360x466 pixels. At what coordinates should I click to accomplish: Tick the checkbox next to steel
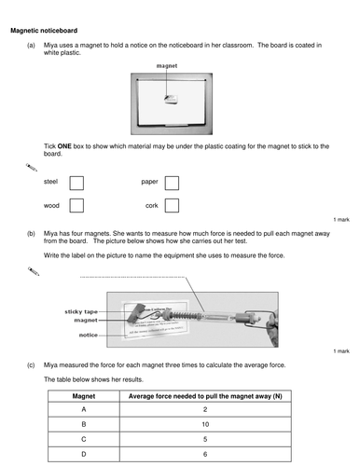point(76,183)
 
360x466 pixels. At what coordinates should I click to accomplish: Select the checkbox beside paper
point(172,183)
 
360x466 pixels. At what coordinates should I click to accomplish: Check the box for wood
point(76,205)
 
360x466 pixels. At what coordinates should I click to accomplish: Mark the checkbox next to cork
point(172,205)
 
